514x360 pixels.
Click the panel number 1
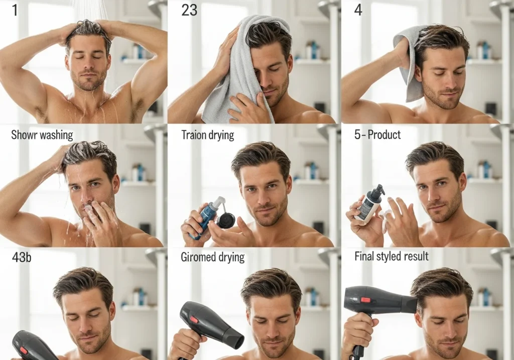coord(15,10)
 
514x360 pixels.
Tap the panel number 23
coord(189,10)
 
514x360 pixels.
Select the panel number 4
coord(358,10)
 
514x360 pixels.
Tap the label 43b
coord(22,257)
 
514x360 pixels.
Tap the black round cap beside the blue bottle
coord(226,220)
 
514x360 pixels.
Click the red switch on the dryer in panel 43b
coord(23,350)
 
